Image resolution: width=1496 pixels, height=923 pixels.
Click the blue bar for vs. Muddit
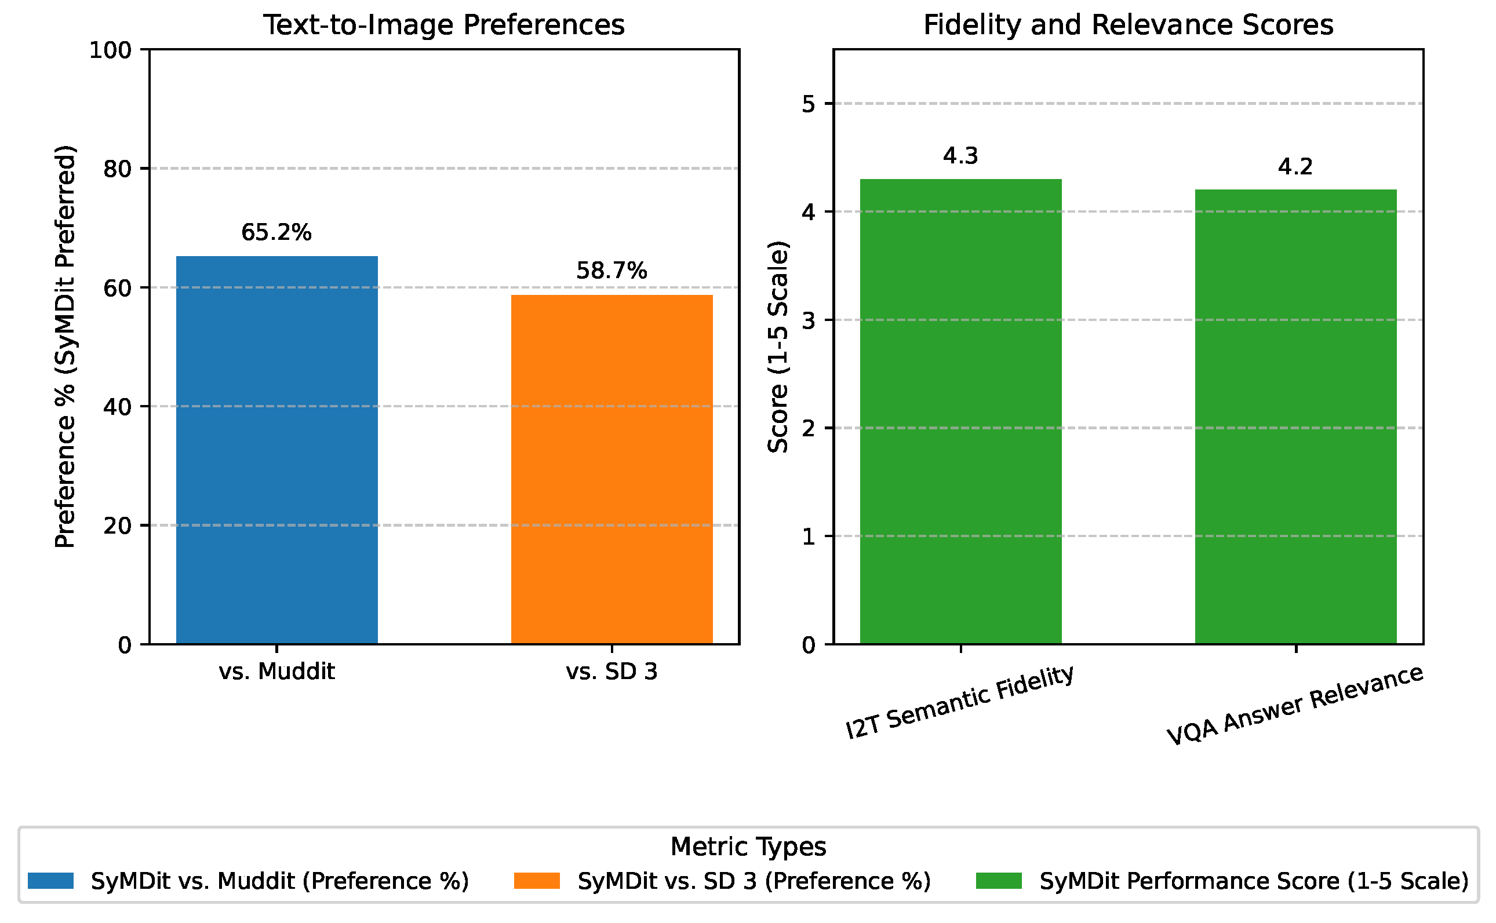(x=276, y=450)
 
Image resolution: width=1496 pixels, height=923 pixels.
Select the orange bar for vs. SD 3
(x=612, y=469)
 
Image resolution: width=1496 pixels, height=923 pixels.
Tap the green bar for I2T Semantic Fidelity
(x=960, y=411)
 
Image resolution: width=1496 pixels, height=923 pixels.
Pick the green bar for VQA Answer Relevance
(x=1295, y=417)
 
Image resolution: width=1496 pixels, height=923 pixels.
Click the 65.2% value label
(x=276, y=232)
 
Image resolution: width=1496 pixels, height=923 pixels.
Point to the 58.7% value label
(x=612, y=271)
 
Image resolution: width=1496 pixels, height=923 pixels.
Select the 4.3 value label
(x=960, y=156)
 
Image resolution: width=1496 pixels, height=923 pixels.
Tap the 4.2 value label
(x=1295, y=167)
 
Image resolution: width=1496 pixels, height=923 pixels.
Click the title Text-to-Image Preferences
(x=444, y=25)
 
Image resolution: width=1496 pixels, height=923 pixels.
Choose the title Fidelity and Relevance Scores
(x=1129, y=25)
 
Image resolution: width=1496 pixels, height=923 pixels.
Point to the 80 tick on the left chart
(x=118, y=169)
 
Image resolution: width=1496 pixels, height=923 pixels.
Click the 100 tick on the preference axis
(x=111, y=50)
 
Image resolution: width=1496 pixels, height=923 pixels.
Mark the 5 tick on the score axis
(x=809, y=104)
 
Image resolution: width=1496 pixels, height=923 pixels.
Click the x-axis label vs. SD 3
(x=612, y=672)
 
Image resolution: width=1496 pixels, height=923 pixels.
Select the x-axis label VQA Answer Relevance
(x=1295, y=705)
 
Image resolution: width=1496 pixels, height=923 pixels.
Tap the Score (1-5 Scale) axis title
(x=778, y=347)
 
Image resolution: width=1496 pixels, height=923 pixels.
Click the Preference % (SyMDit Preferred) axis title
(x=65, y=346)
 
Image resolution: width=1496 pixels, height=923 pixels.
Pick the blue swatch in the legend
(x=50, y=881)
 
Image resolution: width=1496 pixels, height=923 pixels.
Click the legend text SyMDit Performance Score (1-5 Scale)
(x=1254, y=881)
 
